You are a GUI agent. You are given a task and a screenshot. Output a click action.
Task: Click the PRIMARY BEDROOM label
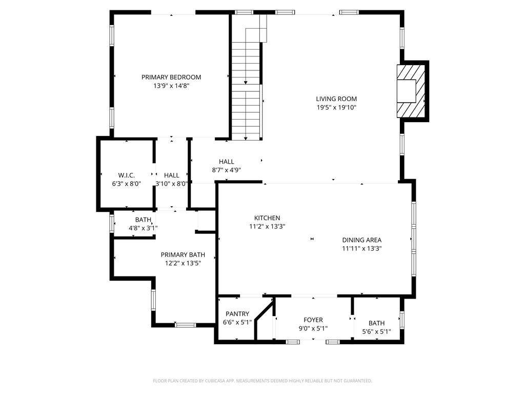click(171, 77)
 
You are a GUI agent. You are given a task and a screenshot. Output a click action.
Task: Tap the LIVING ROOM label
click(336, 99)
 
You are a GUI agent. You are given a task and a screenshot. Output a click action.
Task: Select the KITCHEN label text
click(267, 218)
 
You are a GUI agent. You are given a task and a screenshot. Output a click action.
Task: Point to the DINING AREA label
click(361, 240)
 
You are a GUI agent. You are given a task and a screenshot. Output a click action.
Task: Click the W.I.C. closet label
click(127, 175)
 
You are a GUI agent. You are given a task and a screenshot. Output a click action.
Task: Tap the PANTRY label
click(237, 314)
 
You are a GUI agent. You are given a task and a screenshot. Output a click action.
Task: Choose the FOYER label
click(313, 320)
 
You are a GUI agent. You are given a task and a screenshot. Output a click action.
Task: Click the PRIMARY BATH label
click(183, 255)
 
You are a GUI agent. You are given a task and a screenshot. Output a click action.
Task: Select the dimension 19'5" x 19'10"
click(336, 108)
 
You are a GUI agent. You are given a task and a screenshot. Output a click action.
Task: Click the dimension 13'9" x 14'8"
click(171, 86)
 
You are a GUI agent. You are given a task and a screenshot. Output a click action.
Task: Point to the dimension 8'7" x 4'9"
click(226, 170)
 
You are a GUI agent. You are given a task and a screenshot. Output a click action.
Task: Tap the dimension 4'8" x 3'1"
click(144, 228)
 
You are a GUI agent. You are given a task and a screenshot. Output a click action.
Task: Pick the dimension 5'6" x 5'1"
click(377, 332)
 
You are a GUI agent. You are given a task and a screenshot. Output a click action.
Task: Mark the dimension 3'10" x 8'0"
click(172, 184)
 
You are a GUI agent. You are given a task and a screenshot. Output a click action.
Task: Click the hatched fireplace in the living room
click(411, 91)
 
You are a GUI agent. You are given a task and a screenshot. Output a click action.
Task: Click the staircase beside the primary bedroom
click(246, 84)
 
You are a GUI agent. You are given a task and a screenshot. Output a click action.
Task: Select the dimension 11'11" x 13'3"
click(362, 249)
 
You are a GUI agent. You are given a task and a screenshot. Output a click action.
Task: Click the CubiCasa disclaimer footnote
click(262, 381)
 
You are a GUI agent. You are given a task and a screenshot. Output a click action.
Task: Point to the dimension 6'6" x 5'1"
click(237, 323)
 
